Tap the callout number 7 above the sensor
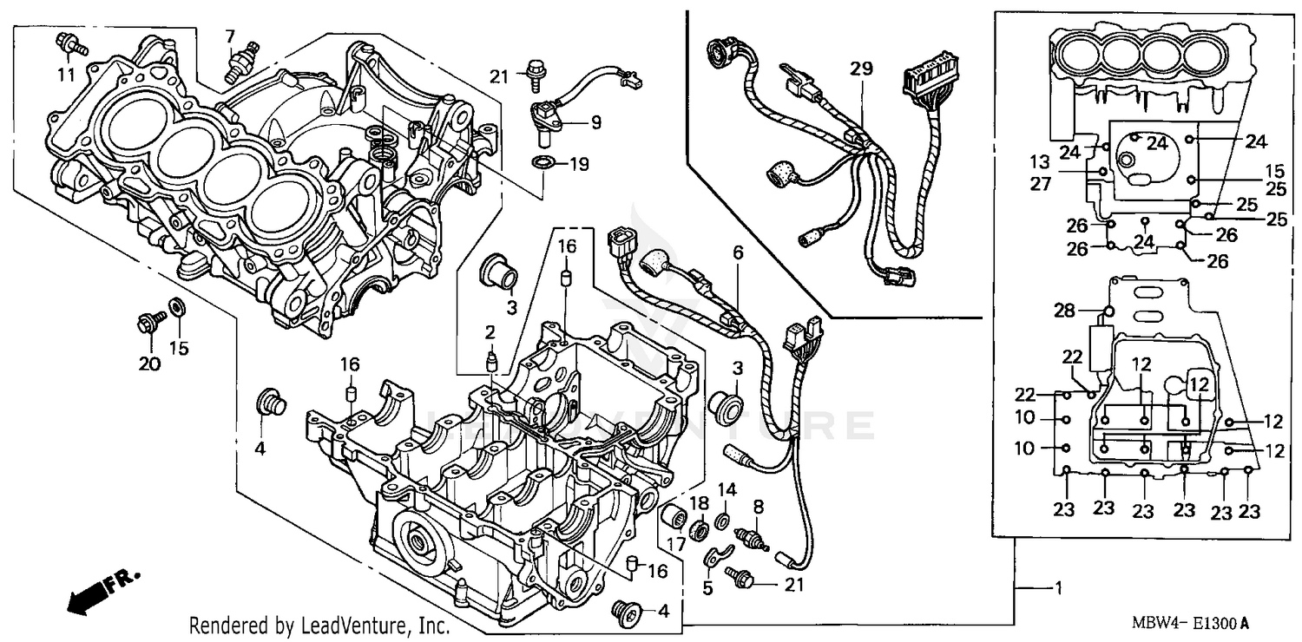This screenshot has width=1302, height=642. click(x=230, y=36)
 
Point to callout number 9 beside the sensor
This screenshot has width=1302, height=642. click(x=595, y=122)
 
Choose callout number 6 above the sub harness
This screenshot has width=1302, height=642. click(x=738, y=252)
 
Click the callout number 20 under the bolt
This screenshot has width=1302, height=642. click(x=150, y=364)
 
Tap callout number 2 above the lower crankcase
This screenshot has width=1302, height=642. click(x=490, y=331)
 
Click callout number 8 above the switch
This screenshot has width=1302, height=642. click(x=758, y=505)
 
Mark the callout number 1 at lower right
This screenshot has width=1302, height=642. click(x=1057, y=588)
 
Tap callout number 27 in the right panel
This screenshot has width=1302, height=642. click(x=1065, y=183)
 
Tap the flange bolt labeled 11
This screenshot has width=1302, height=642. click(x=68, y=43)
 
